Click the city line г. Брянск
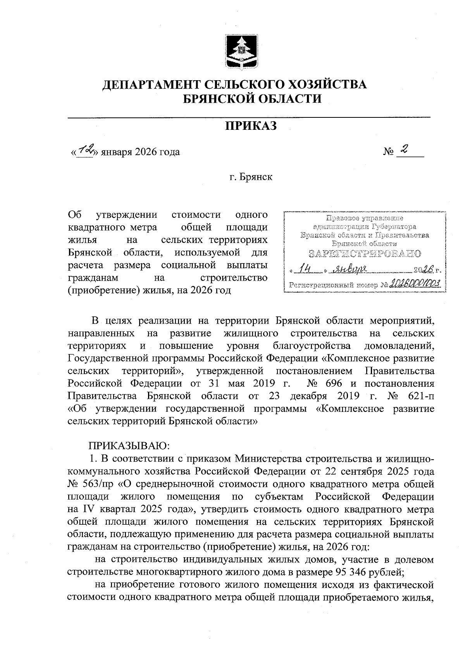(x=251, y=177)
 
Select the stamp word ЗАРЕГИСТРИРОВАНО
(x=365, y=254)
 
